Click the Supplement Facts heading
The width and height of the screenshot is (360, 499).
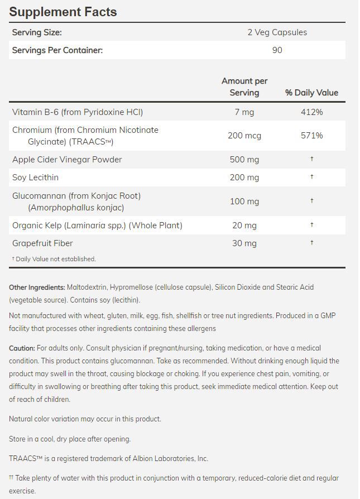(x=63, y=12)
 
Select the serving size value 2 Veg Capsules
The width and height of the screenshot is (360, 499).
(x=277, y=32)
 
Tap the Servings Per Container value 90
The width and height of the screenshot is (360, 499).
(x=277, y=50)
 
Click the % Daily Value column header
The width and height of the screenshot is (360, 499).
(x=311, y=93)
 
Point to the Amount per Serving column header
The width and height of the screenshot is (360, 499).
(x=244, y=87)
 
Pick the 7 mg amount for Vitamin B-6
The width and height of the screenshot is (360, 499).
(x=244, y=112)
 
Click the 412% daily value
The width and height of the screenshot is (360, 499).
(x=311, y=112)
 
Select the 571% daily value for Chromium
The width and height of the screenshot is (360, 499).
(x=311, y=136)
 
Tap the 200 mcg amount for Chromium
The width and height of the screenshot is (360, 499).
(x=244, y=136)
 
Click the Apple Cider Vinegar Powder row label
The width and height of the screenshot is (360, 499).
(x=67, y=160)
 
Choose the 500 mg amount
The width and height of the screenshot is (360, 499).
(x=244, y=160)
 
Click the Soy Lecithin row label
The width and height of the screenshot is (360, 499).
(x=35, y=177)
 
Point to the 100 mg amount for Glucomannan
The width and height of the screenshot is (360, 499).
(x=244, y=201)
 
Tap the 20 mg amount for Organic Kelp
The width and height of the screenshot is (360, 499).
(x=244, y=225)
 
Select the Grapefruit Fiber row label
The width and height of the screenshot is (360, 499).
(x=42, y=243)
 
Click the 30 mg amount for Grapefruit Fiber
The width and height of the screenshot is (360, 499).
(x=244, y=243)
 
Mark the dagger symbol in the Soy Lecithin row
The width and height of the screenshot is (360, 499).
(x=311, y=177)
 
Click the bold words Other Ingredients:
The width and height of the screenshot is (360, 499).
(x=37, y=287)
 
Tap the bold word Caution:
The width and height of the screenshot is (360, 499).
(x=22, y=348)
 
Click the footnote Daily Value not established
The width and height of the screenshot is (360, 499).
(x=55, y=259)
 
